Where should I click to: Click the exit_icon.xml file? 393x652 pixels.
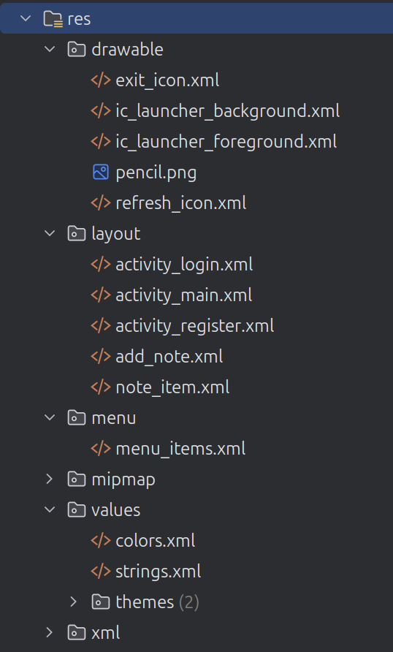pyautogui.click(x=167, y=80)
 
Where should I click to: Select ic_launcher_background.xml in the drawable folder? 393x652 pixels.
pyautogui.click(x=228, y=111)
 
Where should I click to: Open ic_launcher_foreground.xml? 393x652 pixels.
pyautogui.click(x=226, y=142)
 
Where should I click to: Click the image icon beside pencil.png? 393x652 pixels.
pyautogui.click(x=101, y=173)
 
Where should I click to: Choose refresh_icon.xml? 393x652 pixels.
pyautogui.click(x=180, y=203)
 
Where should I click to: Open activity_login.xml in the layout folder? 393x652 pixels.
pyautogui.click(x=184, y=265)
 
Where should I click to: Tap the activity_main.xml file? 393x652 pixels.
pyautogui.click(x=183, y=295)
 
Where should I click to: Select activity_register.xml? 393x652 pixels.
pyautogui.click(x=195, y=326)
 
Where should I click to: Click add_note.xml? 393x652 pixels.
pyautogui.click(x=169, y=357)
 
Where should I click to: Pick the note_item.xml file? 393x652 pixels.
pyautogui.click(x=172, y=387)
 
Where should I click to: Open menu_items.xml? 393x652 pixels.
pyautogui.click(x=180, y=449)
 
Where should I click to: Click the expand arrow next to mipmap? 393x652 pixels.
pyautogui.click(x=50, y=479)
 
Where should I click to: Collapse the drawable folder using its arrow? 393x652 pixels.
pyautogui.click(x=50, y=49)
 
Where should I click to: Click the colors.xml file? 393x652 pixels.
pyautogui.click(x=156, y=541)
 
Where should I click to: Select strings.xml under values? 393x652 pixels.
pyautogui.click(x=159, y=572)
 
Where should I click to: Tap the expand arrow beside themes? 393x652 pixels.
pyautogui.click(x=74, y=602)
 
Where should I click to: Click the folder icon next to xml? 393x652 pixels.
pyautogui.click(x=77, y=633)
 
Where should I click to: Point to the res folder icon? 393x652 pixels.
pyautogui.click(x=53, y=19)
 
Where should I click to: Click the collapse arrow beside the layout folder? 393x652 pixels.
pyautogui.click(x=50, y=233)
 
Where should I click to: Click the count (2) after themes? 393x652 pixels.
pyautogui.click(x=189, y=602)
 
